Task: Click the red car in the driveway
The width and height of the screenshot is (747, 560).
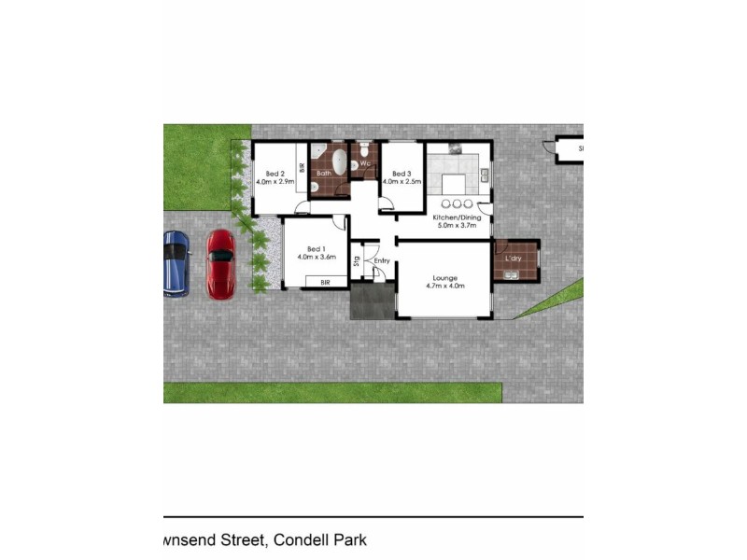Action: (x=221, y=264)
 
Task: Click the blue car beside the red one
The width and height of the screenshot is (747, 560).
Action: (x=176, y=264)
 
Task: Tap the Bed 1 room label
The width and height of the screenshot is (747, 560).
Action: (x=316, y=248)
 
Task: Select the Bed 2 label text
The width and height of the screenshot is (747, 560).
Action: (x=275, y=173)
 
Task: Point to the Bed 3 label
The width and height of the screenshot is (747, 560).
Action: (x=402, y=174)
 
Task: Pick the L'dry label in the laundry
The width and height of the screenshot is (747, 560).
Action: (x=514, y=258)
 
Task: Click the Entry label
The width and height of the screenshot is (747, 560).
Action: (x=382, y=259)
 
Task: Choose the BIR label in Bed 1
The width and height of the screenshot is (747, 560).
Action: (x=325, y=282)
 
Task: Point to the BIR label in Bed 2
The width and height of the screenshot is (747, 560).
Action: (x=302, y=168)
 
